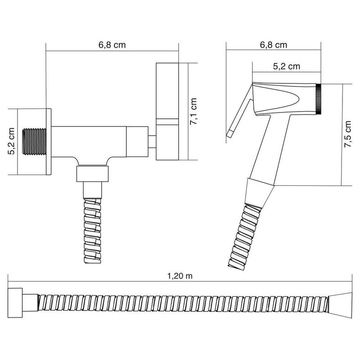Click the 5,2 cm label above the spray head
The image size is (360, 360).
click(287, 66)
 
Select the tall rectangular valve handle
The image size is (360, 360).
click(167, 111)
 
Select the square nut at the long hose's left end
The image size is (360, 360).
click(16, 300)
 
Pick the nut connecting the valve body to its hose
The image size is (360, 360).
click(93, 174)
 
